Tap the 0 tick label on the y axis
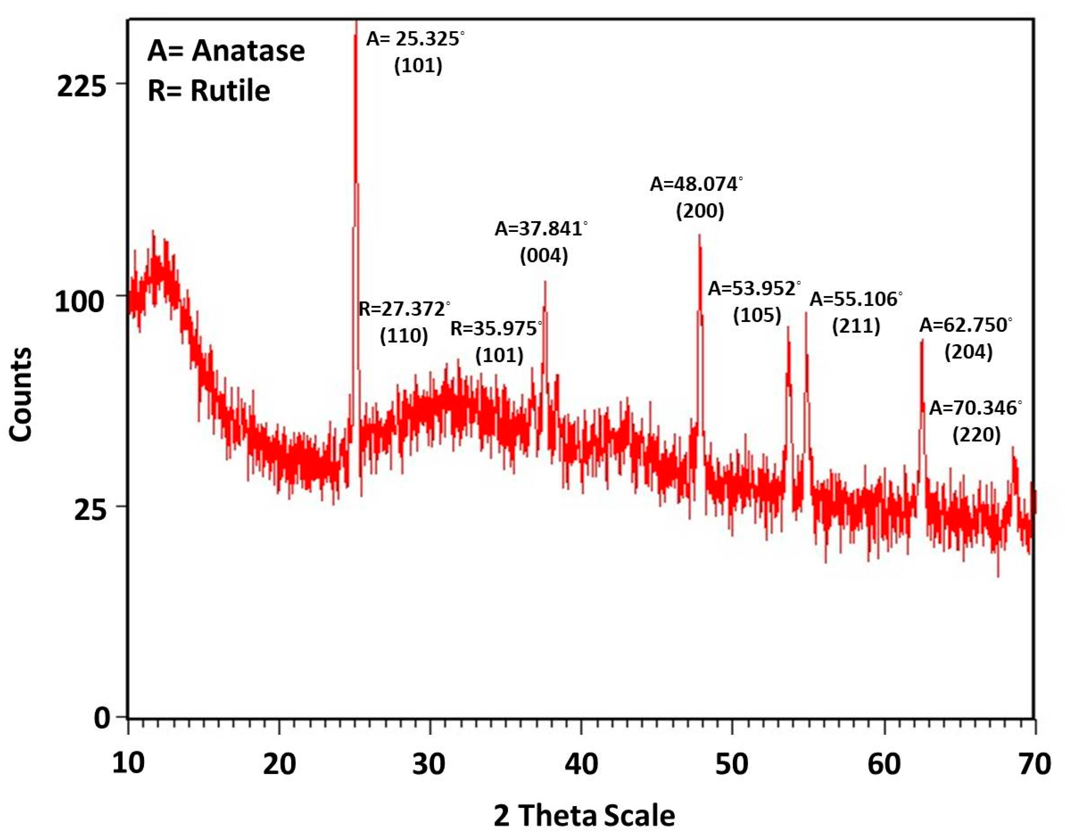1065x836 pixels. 102,719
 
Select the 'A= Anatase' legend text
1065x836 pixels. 226,51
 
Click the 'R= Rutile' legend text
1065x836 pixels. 209,91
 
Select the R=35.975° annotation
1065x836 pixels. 496,329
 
